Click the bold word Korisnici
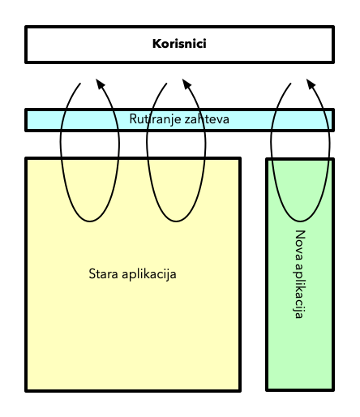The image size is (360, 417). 179,44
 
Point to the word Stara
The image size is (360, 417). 103,273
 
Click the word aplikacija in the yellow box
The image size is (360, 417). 149,274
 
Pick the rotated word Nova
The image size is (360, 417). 300,246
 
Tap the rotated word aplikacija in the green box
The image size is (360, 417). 299,291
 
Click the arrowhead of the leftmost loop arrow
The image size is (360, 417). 100,84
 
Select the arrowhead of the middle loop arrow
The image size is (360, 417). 186,84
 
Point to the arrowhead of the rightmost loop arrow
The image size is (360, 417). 311,84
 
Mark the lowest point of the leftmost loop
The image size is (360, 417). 90,221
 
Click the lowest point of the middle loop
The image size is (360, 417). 177,221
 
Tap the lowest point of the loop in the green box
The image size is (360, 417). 301,221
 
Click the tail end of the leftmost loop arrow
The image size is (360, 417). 80,84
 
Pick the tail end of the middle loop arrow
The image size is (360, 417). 167,84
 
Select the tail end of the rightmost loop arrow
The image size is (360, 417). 291,84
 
